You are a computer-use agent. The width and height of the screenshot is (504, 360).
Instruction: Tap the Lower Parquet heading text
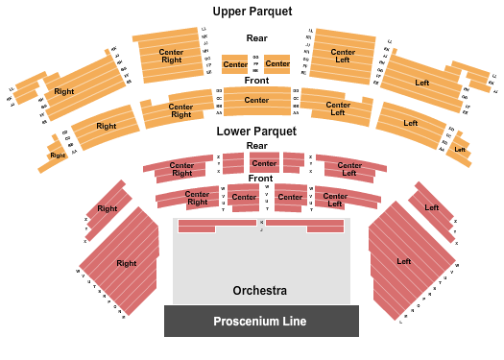tap(255, 130)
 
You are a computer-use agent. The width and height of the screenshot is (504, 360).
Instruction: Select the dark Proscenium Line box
tap(260, 321)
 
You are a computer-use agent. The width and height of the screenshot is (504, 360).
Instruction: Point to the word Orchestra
tap(259, 290)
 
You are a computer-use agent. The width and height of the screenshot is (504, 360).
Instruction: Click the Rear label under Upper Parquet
tap(256, 38)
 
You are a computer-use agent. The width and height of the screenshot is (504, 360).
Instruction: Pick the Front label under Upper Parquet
tap(256, 80)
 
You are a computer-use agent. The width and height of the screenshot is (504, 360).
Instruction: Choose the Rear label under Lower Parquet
tap(256, 146)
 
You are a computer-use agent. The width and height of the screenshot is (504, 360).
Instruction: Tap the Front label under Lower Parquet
tap(259, 179)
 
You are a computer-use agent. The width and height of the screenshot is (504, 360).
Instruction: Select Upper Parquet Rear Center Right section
tap(171, 55)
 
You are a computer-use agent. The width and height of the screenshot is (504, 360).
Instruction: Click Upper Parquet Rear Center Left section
tap(343, 55)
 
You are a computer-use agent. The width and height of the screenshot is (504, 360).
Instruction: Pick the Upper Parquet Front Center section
tap(256, 100)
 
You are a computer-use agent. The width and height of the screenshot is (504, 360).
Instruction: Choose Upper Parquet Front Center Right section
tap(180, 110)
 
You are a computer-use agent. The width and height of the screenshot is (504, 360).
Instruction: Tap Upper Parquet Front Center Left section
tap(338, 108)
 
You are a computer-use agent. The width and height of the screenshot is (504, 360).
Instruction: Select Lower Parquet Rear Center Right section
tap(181, 169)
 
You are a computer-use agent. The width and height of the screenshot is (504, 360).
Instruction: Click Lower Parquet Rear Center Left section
tap(348, 169)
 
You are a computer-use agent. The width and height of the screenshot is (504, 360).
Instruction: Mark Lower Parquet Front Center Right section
tap(197, 199)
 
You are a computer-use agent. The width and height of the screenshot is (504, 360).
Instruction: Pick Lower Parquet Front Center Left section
tap(334, 199)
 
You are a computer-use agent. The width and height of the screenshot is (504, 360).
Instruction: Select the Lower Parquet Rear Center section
tap(264, 163)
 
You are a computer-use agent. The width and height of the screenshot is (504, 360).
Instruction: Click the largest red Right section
tap(126, 262)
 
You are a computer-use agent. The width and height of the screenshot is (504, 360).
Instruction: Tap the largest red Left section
tap(403, 260)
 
